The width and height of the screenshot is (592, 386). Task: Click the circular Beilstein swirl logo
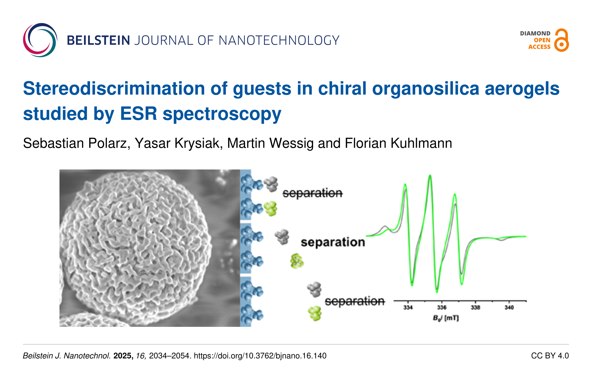pyautogui.click(x=40, y=40)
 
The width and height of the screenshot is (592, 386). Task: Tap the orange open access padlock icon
pyautogui.click(x=561, y=40)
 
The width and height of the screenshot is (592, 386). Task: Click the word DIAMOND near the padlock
pyautogui.click(x=535, y=34)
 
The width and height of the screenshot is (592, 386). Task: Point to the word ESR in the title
pyautogui.click(x=139, y=114)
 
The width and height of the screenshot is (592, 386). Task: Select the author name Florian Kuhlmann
pyautogui.click(x=398, y=143)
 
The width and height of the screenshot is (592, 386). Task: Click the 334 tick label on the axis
pyautogui.click(x=408, y=307)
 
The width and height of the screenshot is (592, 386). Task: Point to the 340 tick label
pyautogui.click(x=509, y=307)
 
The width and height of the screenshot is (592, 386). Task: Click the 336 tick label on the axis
pyautogui.click(x=442, y=307)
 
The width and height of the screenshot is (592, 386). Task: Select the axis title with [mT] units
pyautogui.click(x=446, y=318)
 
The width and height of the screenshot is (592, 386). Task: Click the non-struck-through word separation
pyautogui.click(x=333, y=242)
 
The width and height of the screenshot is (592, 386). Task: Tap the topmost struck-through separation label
pyautogui.click(x=313, y=193)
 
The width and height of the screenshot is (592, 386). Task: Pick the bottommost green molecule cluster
pyautogui.click(x=315, y=313)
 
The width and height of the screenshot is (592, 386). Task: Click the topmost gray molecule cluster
pyautogui.click(x=271, y=184)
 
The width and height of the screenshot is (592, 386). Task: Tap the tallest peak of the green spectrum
pyautogui.click(x=430, y=176)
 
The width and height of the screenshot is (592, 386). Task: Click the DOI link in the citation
pyautogui.click(x=260, y=356)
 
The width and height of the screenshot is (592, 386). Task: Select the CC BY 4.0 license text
pyautogui.click(x=550, y=356)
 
